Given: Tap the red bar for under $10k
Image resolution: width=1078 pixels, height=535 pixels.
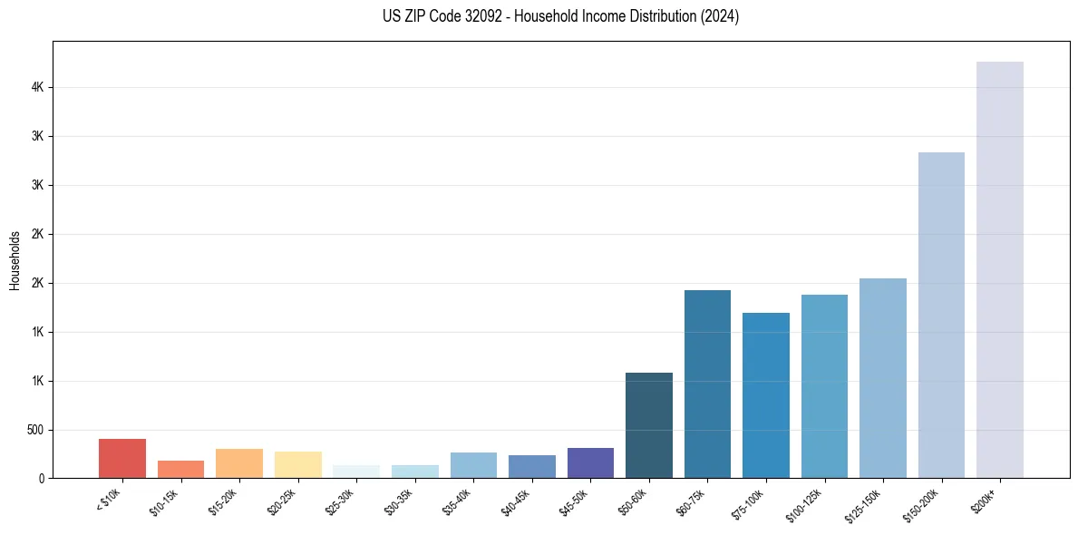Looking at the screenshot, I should [122, 458].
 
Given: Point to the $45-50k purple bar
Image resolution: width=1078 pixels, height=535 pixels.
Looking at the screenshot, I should [590, 462].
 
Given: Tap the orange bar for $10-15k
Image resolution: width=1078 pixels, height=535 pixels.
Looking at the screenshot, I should [180, 469].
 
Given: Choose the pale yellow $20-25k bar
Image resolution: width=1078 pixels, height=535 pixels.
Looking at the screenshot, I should [297, 464].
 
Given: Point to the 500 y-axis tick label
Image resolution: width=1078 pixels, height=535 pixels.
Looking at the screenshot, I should [35, 430].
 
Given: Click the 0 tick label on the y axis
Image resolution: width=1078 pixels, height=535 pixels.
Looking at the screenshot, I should [42, 479].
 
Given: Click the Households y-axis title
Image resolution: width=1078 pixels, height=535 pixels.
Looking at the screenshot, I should [15, 260].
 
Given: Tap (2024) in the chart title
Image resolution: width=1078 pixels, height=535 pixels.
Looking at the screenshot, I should [719, 16].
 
